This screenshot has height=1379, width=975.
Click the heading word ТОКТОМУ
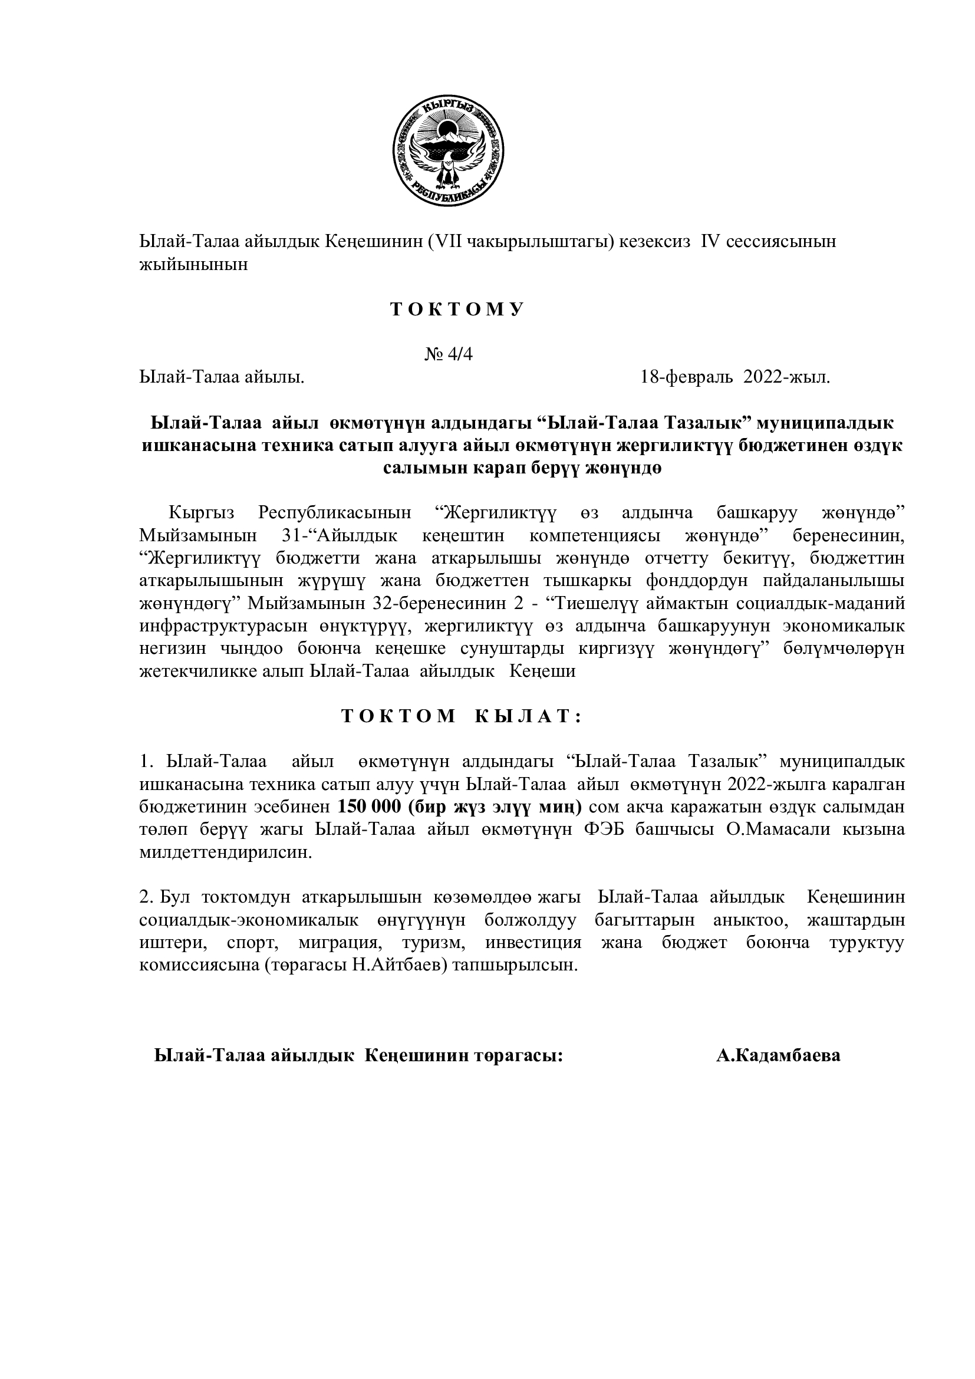[457, 310]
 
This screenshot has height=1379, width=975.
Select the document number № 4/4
[449, 354]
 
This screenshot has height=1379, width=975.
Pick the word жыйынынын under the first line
[193, 264]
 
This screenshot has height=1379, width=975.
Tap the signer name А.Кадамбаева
[778, 1056]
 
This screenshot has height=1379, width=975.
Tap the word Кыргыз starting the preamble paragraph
[201, 514]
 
